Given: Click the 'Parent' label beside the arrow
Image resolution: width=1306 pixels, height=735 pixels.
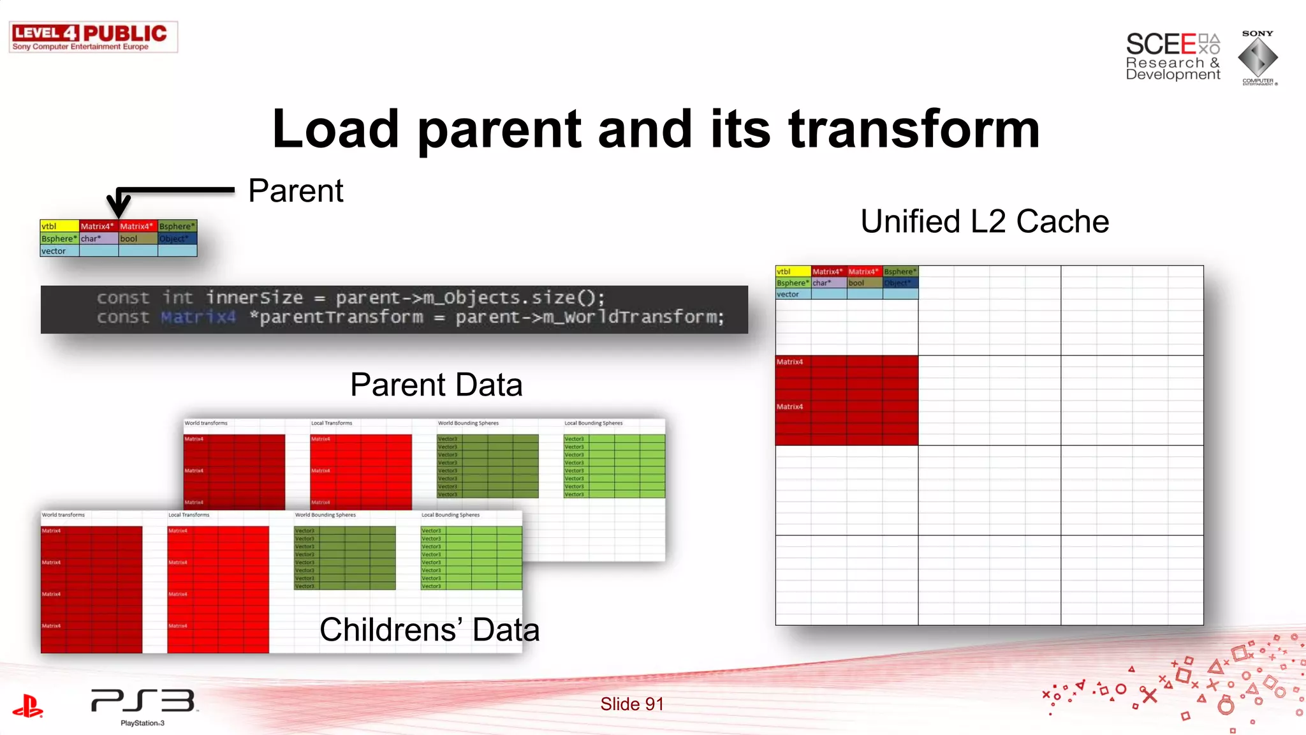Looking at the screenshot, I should pos(295,191).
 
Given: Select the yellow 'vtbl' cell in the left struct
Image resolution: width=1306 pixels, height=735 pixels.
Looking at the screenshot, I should pos(59,226).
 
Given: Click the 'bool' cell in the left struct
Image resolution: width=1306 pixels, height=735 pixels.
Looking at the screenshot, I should pos(137,239).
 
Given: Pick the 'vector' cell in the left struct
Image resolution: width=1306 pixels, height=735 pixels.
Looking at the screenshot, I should pos(59,251).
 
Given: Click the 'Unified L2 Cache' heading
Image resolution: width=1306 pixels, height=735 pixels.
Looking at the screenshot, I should pos(984,221).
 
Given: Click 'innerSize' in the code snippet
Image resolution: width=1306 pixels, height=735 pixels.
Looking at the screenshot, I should pos(254,298).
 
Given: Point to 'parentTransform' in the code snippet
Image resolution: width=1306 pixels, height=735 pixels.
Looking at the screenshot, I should pos(341,317).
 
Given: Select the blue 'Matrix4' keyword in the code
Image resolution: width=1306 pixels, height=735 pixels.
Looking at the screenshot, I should pos(198,317).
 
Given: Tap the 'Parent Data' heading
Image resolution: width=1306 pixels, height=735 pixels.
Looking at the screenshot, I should pos(436,385).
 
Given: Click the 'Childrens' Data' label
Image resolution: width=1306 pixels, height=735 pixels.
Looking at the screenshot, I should pos(429,630).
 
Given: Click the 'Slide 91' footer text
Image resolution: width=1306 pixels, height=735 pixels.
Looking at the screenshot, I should pos(631,704).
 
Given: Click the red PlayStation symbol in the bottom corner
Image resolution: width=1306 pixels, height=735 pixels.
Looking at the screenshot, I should pos(27,706).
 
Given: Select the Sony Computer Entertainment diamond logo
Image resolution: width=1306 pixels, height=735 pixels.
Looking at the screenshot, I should pos(1258,57).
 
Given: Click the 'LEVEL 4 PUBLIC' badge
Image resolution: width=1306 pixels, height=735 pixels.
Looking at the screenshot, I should pos(93,37).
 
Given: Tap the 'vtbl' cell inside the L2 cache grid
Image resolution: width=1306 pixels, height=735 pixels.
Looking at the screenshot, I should pos(793,272).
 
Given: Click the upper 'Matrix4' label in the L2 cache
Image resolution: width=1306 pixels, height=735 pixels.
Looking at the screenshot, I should pos(789,362).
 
